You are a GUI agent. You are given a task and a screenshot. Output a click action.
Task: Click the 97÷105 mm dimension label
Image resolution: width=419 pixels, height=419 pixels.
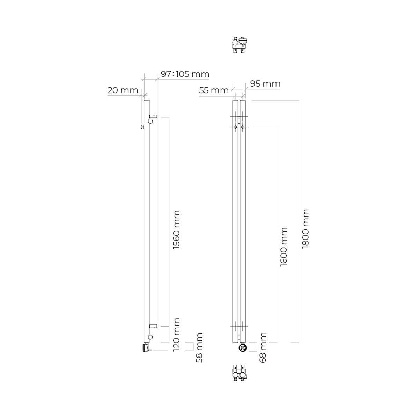coord(185,74)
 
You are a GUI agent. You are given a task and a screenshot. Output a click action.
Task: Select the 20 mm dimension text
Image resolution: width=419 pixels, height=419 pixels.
coord(123,90)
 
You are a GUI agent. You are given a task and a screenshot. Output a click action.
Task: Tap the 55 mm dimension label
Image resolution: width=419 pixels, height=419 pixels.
coord(214,90)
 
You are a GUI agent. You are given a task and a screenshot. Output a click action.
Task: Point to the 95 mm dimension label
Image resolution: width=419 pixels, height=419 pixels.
coord(265,84)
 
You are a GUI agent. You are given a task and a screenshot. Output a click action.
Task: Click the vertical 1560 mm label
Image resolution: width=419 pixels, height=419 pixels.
coord(176,230)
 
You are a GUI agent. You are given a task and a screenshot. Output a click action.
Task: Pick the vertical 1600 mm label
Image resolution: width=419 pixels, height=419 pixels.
coord(284,247)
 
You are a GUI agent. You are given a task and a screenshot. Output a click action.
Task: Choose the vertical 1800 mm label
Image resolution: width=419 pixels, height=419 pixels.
coord(306,228)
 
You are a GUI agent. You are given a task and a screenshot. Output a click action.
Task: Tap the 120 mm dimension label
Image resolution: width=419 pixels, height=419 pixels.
coord(176,335)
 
